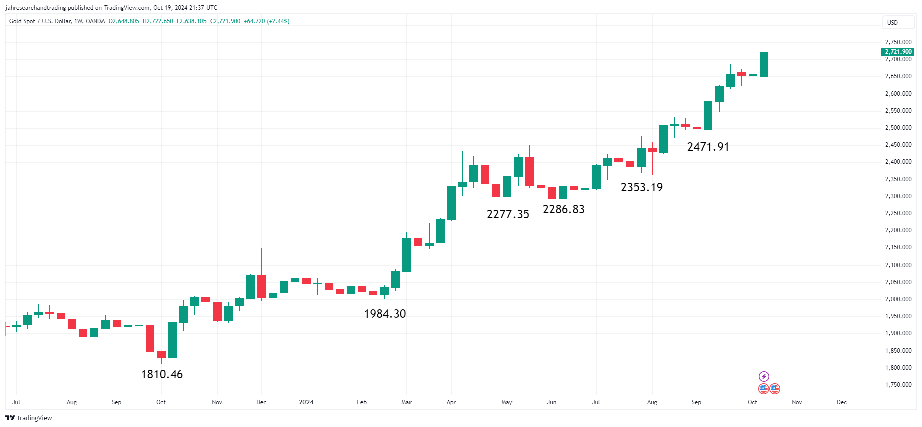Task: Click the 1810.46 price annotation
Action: (162, 374)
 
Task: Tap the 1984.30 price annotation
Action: (385, 314)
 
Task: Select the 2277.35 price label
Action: (507, 214)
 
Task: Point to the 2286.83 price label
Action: (563, 209)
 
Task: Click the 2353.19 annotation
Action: (641, 187)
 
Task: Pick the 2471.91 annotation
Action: (707, 147)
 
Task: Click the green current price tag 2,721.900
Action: (898, 52)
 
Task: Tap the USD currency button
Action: (892, 22)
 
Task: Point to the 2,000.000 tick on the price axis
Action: (898, 299)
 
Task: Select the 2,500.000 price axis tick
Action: (898, 128)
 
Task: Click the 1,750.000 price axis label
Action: (898, 385)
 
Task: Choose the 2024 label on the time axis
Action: (306, 402)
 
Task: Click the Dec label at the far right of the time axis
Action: (841, 402)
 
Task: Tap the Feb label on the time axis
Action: (362, 402)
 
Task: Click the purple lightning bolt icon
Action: (763, 376)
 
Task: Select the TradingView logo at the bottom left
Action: (29, 418)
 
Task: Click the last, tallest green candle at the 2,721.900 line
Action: (764, 64)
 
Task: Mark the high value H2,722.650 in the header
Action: (158, 21)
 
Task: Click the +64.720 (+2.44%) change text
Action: (266, 21)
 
